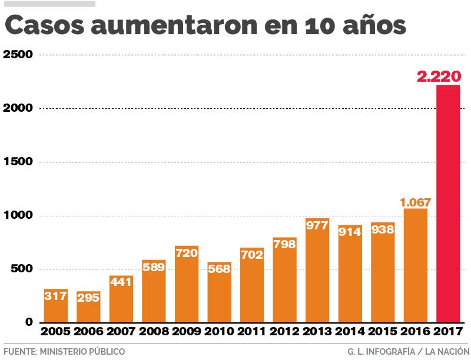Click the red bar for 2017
coord(448,206)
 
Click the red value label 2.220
coord(439,76)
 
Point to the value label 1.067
coord(416,202)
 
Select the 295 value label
coord(88,298)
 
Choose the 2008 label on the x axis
coord(154,332)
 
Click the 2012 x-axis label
coord(285,332)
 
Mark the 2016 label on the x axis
coord(416,332)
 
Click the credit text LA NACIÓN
coord(447,351)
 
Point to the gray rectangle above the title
coord(49,4)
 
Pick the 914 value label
coord(350,232)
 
